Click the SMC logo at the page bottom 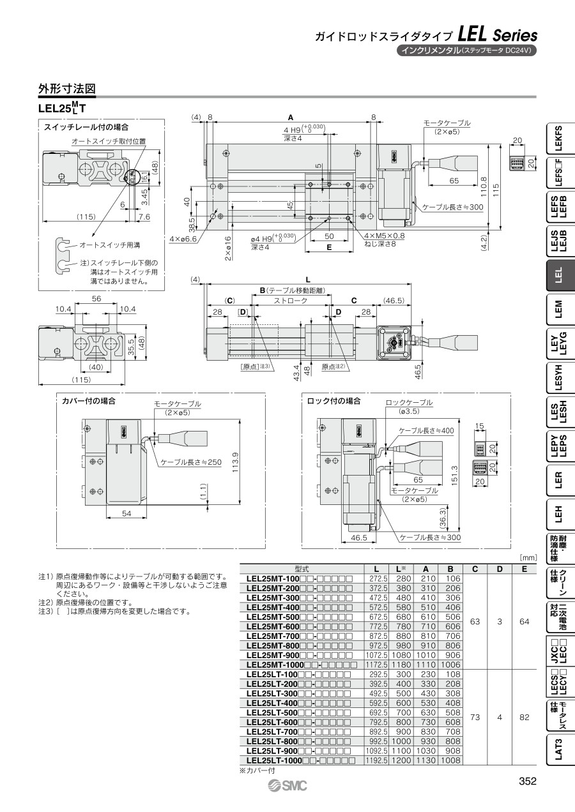click(x=287, y=785)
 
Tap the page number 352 click(x=528, y=781)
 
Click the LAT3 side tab click(x=560, y=749)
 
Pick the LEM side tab click(x=560, y=309)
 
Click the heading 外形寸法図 click(x=67, y=89)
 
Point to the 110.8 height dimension click(x=483, y=187)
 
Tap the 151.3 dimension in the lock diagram click(x=455, y=475)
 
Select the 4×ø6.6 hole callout click(x=183, y=239)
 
